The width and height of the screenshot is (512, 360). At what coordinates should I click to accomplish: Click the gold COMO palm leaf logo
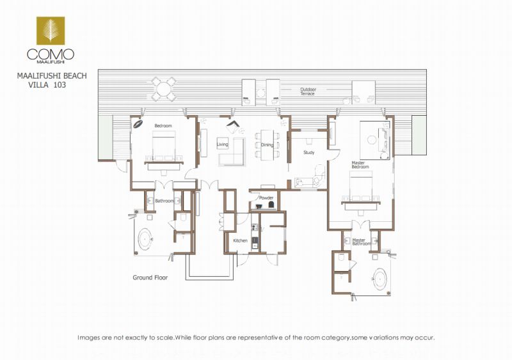pyautogui.click(x=51, y=31)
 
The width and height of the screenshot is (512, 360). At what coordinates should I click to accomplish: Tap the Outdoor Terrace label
pyautogui.click(x=308, y=91)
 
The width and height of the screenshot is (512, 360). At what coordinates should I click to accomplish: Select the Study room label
pyautogui.click(x=309, y=152)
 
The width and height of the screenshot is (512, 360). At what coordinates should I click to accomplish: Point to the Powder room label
pyautogui.click(x=266, y=198)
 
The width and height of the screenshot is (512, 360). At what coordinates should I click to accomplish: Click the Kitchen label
pyautogui.click(x=241, y=240)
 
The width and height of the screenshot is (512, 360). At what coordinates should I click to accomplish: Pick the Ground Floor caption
pyautogui.click(x=150, y=278)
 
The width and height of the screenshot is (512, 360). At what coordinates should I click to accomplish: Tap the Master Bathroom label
pyautogui.click(x=361, y=242)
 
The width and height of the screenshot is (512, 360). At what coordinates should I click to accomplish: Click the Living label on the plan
pyautogui.click(x=222, y=145)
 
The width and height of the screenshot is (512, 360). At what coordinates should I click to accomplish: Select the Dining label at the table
pyautogui.click(x=267, y=145)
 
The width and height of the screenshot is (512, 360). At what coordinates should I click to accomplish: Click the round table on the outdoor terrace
pyautogui.click(x=163, y=89)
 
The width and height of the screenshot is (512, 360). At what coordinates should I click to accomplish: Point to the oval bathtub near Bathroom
pyautogui.click(x=145, y=239)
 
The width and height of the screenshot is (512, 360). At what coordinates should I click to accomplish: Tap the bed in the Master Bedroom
pyautogui.click(x=361, y=187)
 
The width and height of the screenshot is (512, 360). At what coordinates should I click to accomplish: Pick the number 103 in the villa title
pyautogui.click(x=60, y=85)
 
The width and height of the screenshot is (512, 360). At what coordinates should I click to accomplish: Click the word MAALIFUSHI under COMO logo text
pyautogui.click(x=51, y=61)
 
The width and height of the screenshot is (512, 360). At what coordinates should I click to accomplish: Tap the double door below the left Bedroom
pyautogui.click(x=164, y=185)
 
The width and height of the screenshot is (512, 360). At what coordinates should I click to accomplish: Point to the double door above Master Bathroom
pyautogui.click(x=361, y=225)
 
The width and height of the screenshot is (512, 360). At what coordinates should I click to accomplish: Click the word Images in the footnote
pyautogui.click(x=89, y=338)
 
